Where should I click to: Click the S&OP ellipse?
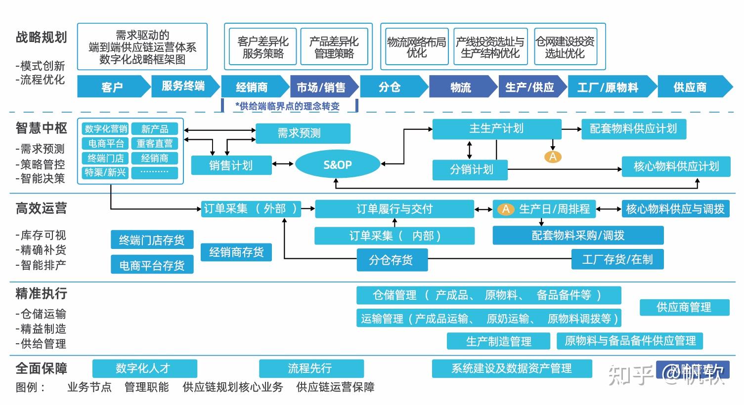[337, 165]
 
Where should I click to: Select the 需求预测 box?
[302, 133]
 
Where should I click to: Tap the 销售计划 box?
[231, 165]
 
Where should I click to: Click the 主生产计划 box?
[496, 129]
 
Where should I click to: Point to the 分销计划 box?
[470, 170]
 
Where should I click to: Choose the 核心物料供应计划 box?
[676, 166]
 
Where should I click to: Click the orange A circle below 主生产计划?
[553, 157]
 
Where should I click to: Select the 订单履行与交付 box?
[394, 209]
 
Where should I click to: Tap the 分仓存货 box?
[392, 260]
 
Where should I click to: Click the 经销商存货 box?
[236, 252]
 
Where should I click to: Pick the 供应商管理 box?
[684, 307]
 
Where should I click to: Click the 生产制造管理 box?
[498, 341]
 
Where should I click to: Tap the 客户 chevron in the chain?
[113, 87]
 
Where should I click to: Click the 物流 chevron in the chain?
[461, 87]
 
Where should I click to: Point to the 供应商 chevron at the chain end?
[691, 87]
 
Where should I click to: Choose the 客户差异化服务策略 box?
[263, 47]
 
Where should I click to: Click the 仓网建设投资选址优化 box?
[565, 47]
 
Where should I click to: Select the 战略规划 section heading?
[41, 38]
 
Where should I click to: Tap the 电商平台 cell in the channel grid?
[106, 144]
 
